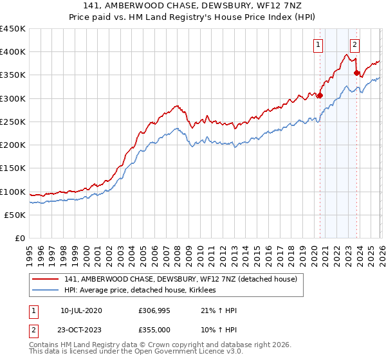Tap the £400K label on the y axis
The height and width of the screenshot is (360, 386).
tap(13, 52)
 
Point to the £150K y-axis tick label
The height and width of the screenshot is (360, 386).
tap(13, 168)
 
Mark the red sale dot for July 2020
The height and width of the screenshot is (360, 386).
tap(320, 96)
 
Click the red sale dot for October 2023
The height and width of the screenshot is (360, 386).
tap(357, 73)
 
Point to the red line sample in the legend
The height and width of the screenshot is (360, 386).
tap(46, 280)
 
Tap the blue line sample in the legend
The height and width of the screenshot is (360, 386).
tap(46, 291)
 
